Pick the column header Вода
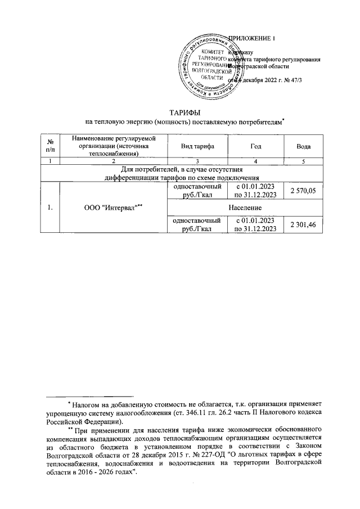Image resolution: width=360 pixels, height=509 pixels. (304, 146)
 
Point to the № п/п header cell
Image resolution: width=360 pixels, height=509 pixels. (51, 146)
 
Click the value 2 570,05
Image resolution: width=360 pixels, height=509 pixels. (303, 192)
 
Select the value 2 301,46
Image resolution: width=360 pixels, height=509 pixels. (303, 224)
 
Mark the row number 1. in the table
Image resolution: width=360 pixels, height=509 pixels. (51, 208)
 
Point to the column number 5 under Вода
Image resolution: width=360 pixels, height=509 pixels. (304, 161)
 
